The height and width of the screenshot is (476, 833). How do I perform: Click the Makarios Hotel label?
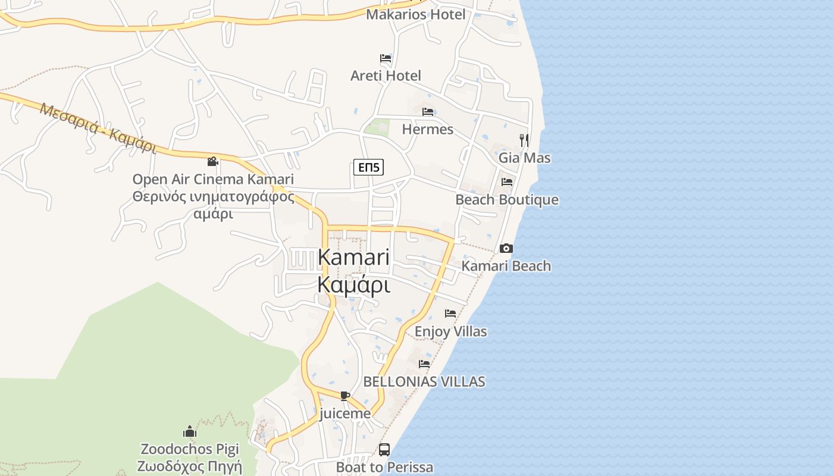tap(415, 14)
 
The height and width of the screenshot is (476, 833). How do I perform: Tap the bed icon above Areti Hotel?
tap(386, 58)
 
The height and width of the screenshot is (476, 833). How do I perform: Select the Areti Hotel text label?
tap(386, 76)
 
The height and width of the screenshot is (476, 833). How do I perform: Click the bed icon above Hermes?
tap(427, 112)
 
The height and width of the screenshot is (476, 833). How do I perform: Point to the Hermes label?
tap(427, 129)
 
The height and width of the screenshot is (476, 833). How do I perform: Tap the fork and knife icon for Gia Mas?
tap(524, 140)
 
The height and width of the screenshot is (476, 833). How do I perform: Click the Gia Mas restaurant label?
tap(524, 158)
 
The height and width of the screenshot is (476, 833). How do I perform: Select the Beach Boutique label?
tap(506, 200)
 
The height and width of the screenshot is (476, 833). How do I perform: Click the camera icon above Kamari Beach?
tap(506, 248)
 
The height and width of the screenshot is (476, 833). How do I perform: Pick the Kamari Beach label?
tap(506, 266)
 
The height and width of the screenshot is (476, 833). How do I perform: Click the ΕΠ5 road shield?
tap(368, 168)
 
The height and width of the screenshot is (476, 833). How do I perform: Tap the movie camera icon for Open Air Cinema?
tap(212, 161)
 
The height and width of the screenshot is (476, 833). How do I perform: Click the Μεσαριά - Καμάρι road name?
tap(98, 127)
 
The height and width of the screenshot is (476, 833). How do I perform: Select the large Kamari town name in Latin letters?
tap(353, 258)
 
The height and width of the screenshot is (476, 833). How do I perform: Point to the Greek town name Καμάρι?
tap(353, 285)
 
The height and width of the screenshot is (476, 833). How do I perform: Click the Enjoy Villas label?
tap(450, 331)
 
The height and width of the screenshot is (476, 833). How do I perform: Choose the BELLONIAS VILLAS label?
tap(424, 381)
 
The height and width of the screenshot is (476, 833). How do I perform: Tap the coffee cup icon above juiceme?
tap(345, 396)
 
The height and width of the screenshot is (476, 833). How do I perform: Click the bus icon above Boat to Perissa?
tap(384, 450)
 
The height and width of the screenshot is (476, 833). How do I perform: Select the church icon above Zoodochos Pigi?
tap(190, 431)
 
